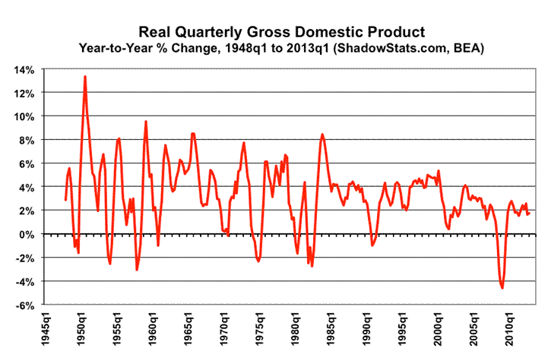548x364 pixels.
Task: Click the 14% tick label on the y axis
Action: point(23,69)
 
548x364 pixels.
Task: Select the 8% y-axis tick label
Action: point(26,140)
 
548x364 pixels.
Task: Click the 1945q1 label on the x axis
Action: point(46,332)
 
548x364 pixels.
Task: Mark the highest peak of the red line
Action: point(85,76)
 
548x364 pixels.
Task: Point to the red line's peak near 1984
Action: point(322,135)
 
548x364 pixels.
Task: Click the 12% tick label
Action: point(23,93)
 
